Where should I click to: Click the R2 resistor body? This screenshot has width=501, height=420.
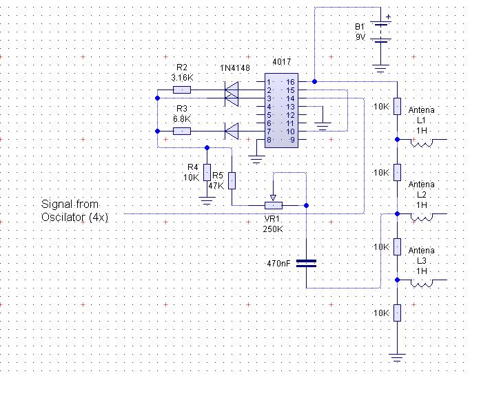[x=182, y=90]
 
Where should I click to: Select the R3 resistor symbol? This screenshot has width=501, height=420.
[x=182, y=132]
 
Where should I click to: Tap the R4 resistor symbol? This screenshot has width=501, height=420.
[x=207, y=172]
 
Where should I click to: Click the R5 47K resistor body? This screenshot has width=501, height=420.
[x=232, y=180]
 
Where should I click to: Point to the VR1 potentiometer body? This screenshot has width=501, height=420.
[x=274, y=206]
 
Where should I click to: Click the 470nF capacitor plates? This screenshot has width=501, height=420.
[x=306, y=263]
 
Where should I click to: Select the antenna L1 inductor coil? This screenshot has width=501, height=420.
[x=422, y=143]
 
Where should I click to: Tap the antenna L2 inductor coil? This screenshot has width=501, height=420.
[x=422, y=218]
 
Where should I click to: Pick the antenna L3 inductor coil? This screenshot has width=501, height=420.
[x=422, y=284]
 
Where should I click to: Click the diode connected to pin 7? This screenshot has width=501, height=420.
[x=232, y=132]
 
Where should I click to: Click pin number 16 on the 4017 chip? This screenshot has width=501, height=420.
[x=290, y=82]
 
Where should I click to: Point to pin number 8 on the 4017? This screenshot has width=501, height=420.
[x=269, y=140]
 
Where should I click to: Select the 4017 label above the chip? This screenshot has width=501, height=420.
[x=281, y=62]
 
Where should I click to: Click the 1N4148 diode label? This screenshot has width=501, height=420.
[x=235, y=68]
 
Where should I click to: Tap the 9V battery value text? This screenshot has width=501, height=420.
[x=360, y=37]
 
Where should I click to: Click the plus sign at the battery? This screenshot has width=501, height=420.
[x=388, y=17]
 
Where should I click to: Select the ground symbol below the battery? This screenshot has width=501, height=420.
[x=380, y=69]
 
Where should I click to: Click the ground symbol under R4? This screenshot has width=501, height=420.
[x=207, y=201]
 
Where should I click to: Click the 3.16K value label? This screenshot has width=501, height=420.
[x=182, y=78]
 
